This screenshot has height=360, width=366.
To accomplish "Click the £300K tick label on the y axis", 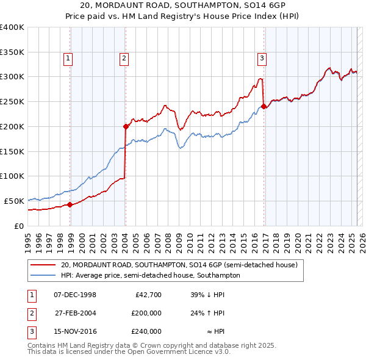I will click(x=12, y=77).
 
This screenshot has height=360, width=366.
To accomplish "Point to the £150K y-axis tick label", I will click(x=12, y=151).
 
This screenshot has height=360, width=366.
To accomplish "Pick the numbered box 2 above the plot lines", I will click(x=123, y=59).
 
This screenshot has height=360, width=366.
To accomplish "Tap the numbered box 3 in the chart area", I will click(x=261, y=59).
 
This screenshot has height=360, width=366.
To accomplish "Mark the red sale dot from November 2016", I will click(x=264, y=106).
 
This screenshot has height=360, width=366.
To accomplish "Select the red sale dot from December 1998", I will click(x=70, y=204).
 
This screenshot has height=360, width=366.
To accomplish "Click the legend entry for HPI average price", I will click(x=150, y=275).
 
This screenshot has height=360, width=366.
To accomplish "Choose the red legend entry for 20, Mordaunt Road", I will click(x=179, y=265).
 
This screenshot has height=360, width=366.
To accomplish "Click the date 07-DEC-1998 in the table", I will click(x=75, y=295).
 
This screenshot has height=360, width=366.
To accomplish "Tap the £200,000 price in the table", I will click(x=146, y=313).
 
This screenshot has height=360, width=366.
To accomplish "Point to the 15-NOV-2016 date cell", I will click(x=75, y=331).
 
